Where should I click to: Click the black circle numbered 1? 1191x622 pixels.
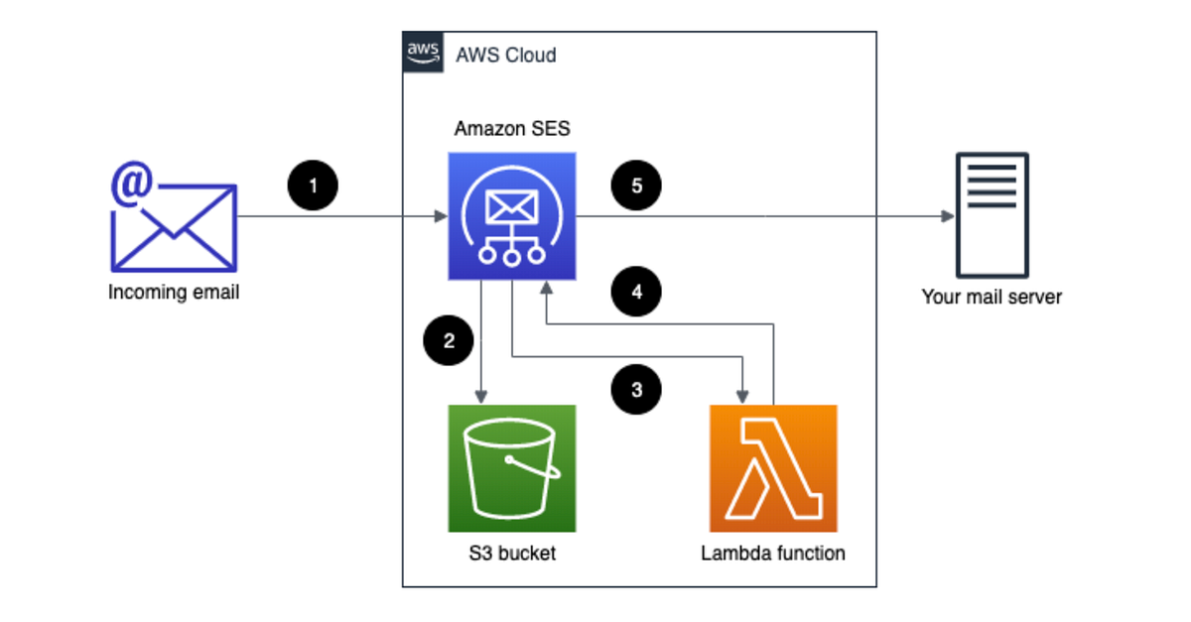pos(314,186)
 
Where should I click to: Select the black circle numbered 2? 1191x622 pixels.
pos(449,341)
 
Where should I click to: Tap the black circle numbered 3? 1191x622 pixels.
pos(636,390)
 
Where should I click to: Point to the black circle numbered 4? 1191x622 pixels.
pos(636,293)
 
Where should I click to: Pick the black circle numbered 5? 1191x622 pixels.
pos(636,186)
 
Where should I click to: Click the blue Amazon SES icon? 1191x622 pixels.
pos(512,216)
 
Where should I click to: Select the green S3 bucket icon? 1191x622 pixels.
pos(512,468)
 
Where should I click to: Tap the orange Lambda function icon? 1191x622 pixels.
pos(773,468)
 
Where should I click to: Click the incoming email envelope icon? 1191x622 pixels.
pos(174,224)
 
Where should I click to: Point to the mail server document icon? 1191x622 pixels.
pos(992,215)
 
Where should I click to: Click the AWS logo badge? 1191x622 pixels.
pos(422,52)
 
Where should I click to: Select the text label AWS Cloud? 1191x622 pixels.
pos(505,55)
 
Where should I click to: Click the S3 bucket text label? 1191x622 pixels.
pos(512,554)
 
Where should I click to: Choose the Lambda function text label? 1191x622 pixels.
pos(773,554)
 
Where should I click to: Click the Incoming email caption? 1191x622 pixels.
pos(174,293)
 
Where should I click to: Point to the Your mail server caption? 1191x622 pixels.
pos(992,297)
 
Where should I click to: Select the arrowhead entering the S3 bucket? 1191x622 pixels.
pos(481,397)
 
